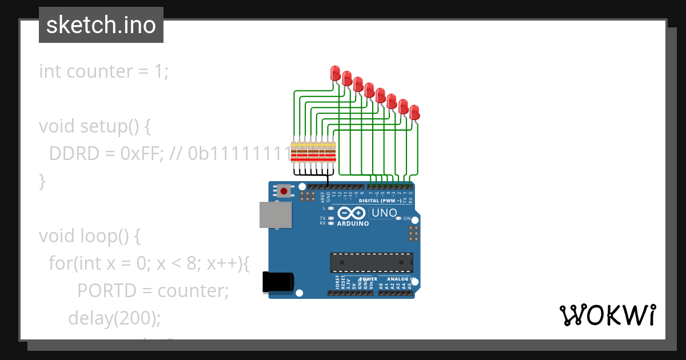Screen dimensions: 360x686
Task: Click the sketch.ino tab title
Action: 101,25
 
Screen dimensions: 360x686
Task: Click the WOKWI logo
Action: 607,315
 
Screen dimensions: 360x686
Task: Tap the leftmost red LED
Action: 336,73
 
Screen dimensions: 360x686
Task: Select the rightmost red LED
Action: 414,111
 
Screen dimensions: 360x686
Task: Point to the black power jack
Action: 278,282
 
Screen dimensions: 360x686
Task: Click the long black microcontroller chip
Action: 372,262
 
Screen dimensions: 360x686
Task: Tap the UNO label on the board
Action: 384,213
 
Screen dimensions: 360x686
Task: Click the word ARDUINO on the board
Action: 353,223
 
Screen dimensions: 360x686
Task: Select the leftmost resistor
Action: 294,153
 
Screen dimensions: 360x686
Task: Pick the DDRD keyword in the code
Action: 71,154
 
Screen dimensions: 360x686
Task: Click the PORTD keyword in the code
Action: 107,291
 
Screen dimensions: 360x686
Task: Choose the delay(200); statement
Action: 114,318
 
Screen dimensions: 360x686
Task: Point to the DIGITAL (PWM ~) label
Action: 380,201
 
